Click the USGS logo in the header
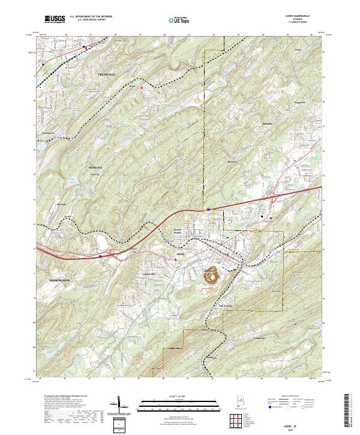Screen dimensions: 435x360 pos(55,20)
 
